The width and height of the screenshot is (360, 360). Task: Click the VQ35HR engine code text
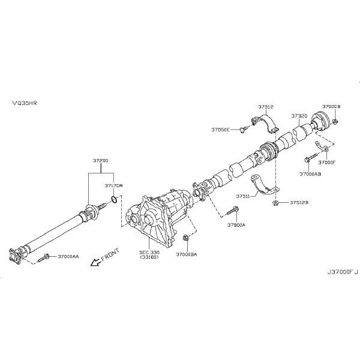(25, 103)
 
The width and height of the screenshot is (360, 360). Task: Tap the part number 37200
(101, 160)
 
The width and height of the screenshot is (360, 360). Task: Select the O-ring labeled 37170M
(115, 199)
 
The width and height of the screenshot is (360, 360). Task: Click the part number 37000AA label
(68, 256)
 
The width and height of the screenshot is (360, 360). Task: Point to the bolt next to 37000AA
(43, 258)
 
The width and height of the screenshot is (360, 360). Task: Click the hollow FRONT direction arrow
(96, 262)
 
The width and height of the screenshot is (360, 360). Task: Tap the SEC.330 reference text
(149, 253)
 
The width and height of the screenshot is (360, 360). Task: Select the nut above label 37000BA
(186, 238)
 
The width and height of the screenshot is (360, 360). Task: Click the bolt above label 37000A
(232, 211)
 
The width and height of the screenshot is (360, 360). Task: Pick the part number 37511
(243, 196)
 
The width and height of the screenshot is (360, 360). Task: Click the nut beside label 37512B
(275, 203)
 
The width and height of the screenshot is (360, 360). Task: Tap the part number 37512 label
(266, 107)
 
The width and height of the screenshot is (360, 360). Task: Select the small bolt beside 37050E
(244, 130)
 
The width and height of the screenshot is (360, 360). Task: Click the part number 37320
(299, 116)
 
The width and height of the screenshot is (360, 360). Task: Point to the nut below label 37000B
(335, 121)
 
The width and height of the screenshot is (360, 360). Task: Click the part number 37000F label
(327, 163)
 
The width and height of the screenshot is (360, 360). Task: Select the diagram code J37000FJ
(343, 272)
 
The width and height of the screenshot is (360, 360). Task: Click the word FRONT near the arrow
(110, 254)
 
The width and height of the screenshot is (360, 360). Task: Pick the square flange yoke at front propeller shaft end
(14, 256)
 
